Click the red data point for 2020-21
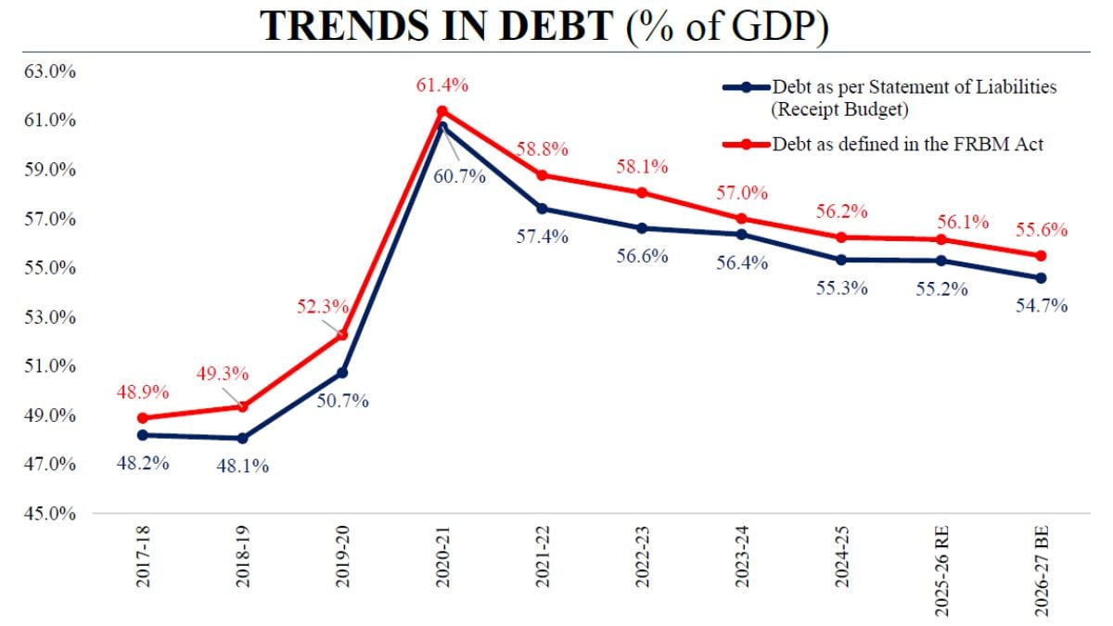click(x=442, y=111)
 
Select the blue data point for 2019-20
click(x=342, y=372)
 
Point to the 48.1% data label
click(x=243, y=466)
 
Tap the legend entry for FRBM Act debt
click(x=909, y=144)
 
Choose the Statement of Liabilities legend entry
click(x=914, y=97)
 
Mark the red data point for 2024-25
click(x=840, y=237)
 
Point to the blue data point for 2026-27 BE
click(x=1041, y=278)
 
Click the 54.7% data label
click(x=1042, y=305)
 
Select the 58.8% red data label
click(x=542, y=148)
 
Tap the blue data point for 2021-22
click(x=542, y=208)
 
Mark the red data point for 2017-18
click(x=142, y=418)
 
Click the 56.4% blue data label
click(x=742, y=262)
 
